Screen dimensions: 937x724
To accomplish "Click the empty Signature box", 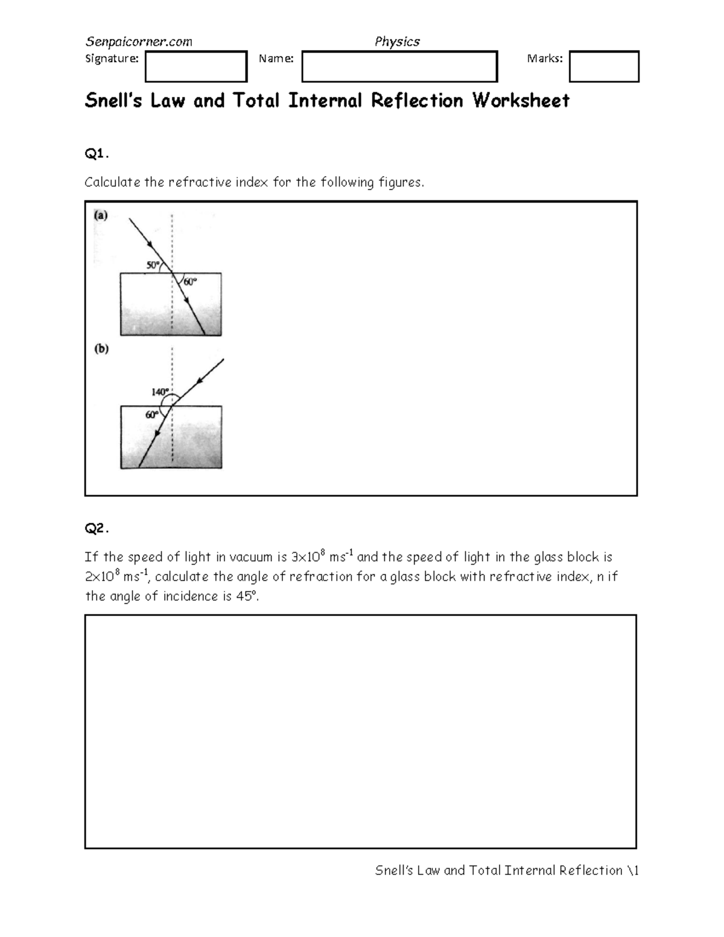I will pyautogui.click(x=196, y=66).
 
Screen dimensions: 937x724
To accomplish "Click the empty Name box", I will pyautogui.click(x=399, y=66).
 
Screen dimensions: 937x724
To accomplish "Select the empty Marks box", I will pyautogui.click(x=604, y=66).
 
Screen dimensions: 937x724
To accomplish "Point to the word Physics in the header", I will pyautogui.click(x=397, y=42).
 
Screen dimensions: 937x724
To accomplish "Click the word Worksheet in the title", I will pyautogui.click(x=521, y=100).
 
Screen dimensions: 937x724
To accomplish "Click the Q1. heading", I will pyautogui.click(x=97, y=154).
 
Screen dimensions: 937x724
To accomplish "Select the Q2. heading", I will pyautogui.click(x=97, y=529).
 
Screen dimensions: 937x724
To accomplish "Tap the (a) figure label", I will pyautogui.click(x=101, y=215).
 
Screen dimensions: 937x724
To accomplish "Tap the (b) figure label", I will pyautogui.click(x=101, y=349).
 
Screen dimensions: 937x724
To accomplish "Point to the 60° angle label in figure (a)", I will pyautogui.click(x=191, y=282).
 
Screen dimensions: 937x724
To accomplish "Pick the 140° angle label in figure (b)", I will pyautogui.click(x=160, y=392).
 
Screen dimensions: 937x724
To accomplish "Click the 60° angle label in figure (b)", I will pyautogui.click(x=151, y=415).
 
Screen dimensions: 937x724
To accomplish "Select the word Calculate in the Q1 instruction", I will pyautogui.click(x=112, y=182).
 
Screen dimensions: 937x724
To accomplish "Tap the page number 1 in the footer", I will pyautogui.click(x=636, y=870).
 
